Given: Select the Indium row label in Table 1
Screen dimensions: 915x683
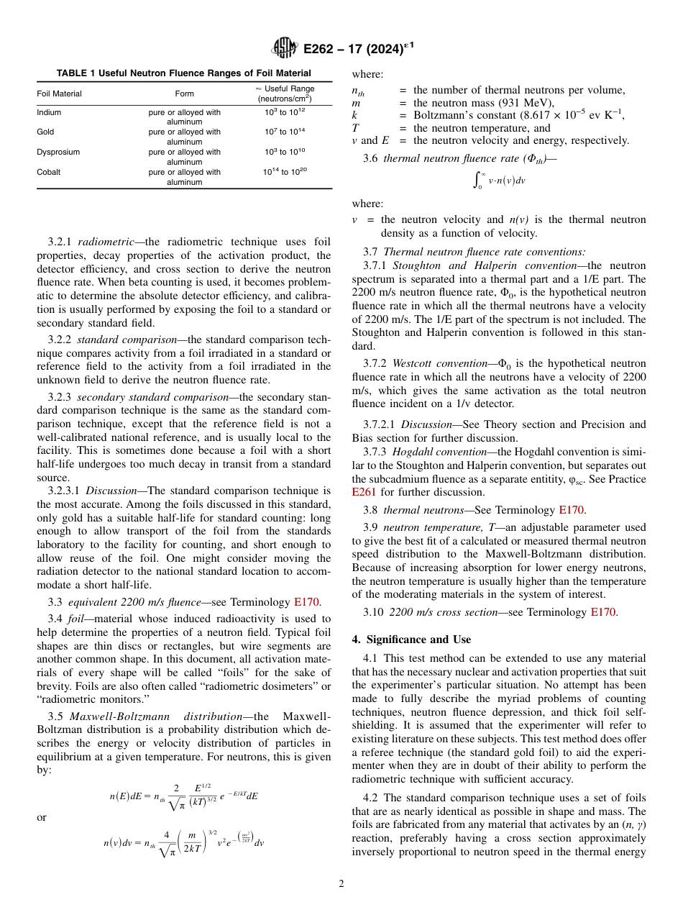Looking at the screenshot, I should tap(49, 113).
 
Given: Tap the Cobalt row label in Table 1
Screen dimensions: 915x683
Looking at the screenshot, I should tap(49, 173).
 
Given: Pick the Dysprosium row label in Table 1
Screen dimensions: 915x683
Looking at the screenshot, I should tap(58, 152).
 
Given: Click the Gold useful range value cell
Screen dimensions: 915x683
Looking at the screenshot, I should tap(284, 132).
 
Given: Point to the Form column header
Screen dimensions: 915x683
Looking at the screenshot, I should tap(184, 94).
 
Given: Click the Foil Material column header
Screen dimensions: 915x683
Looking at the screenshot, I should tap(59, 94).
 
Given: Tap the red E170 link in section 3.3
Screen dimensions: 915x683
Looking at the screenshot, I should tap(307, 603).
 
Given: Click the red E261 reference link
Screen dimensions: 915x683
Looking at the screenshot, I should tap(365, 492).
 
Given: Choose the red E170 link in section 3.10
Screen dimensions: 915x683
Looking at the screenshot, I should tap(602, 612).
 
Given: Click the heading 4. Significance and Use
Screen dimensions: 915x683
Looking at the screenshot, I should tap(411, 639).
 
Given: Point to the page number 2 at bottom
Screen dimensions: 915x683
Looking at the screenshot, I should tap(341, 884).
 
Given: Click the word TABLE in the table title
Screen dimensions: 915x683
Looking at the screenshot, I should tap(72, 73).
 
